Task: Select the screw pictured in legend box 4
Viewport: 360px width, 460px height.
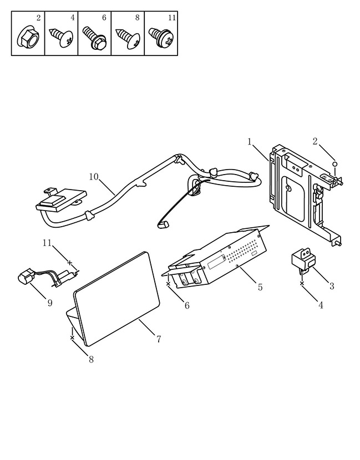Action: click(x=61, y=37)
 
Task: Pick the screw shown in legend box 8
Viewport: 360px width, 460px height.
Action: click(x=128, y=38)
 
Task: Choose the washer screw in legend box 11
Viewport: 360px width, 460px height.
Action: click(x=161, y=38)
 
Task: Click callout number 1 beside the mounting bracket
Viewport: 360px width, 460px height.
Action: click(x=250, y=142)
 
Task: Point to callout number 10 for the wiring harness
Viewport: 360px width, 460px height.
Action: click(x=94, y=177)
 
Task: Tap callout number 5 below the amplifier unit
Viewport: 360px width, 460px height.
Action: click(x=260, y=287)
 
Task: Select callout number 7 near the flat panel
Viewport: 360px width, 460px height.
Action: click(x=159, y=339)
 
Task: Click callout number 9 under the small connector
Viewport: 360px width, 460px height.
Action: click(x=49, y=303)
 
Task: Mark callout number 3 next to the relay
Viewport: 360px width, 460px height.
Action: click(x=332, y=286)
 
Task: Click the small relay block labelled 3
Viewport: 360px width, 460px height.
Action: click(x=302, y=259)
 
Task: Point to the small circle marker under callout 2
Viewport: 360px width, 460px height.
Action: click(x=334, y=163)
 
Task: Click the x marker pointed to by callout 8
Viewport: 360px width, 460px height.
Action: click(x=72, y=338)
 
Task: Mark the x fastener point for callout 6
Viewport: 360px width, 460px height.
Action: click(x=168, y=284)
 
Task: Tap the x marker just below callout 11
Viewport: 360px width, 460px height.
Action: click(x=69, y=263)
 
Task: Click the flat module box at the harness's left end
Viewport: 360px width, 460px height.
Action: click(x=62, y=199)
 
